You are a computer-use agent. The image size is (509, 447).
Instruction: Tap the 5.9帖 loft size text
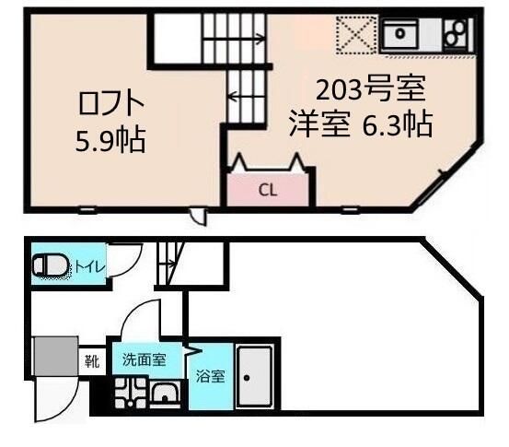[110, 140]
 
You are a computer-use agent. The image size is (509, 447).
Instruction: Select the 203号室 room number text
[370, 88]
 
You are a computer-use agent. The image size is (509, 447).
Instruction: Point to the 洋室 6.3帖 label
[361, 124]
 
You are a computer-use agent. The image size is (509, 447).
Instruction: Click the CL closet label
[268, 191]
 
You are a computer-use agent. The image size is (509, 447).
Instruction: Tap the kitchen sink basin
[400, 33]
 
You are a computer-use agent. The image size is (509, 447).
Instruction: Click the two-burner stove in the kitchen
[456, 32]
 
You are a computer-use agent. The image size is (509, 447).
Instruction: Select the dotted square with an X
[356, 34]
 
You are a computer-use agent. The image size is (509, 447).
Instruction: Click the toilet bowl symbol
[52, 266]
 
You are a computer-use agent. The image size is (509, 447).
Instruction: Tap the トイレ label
[90, 267]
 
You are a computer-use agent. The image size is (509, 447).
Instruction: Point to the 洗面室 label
[145, 359]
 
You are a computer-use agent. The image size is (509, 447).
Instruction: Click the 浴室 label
[211, 376]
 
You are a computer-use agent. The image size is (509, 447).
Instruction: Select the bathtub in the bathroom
[255, 377]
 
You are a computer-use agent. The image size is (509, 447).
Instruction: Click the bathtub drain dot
[247, 378]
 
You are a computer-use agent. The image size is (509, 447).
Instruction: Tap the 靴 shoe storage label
[92, 361]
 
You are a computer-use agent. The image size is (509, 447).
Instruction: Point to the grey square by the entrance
[56, 357]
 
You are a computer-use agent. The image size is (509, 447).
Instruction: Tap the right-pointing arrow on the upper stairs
[234, 40]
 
